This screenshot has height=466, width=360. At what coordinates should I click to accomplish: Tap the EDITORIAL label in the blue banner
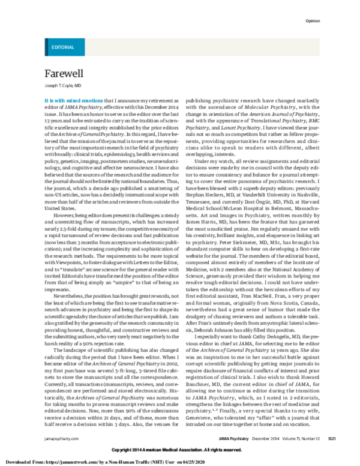63,46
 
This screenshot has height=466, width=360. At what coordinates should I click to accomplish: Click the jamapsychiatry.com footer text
61,440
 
